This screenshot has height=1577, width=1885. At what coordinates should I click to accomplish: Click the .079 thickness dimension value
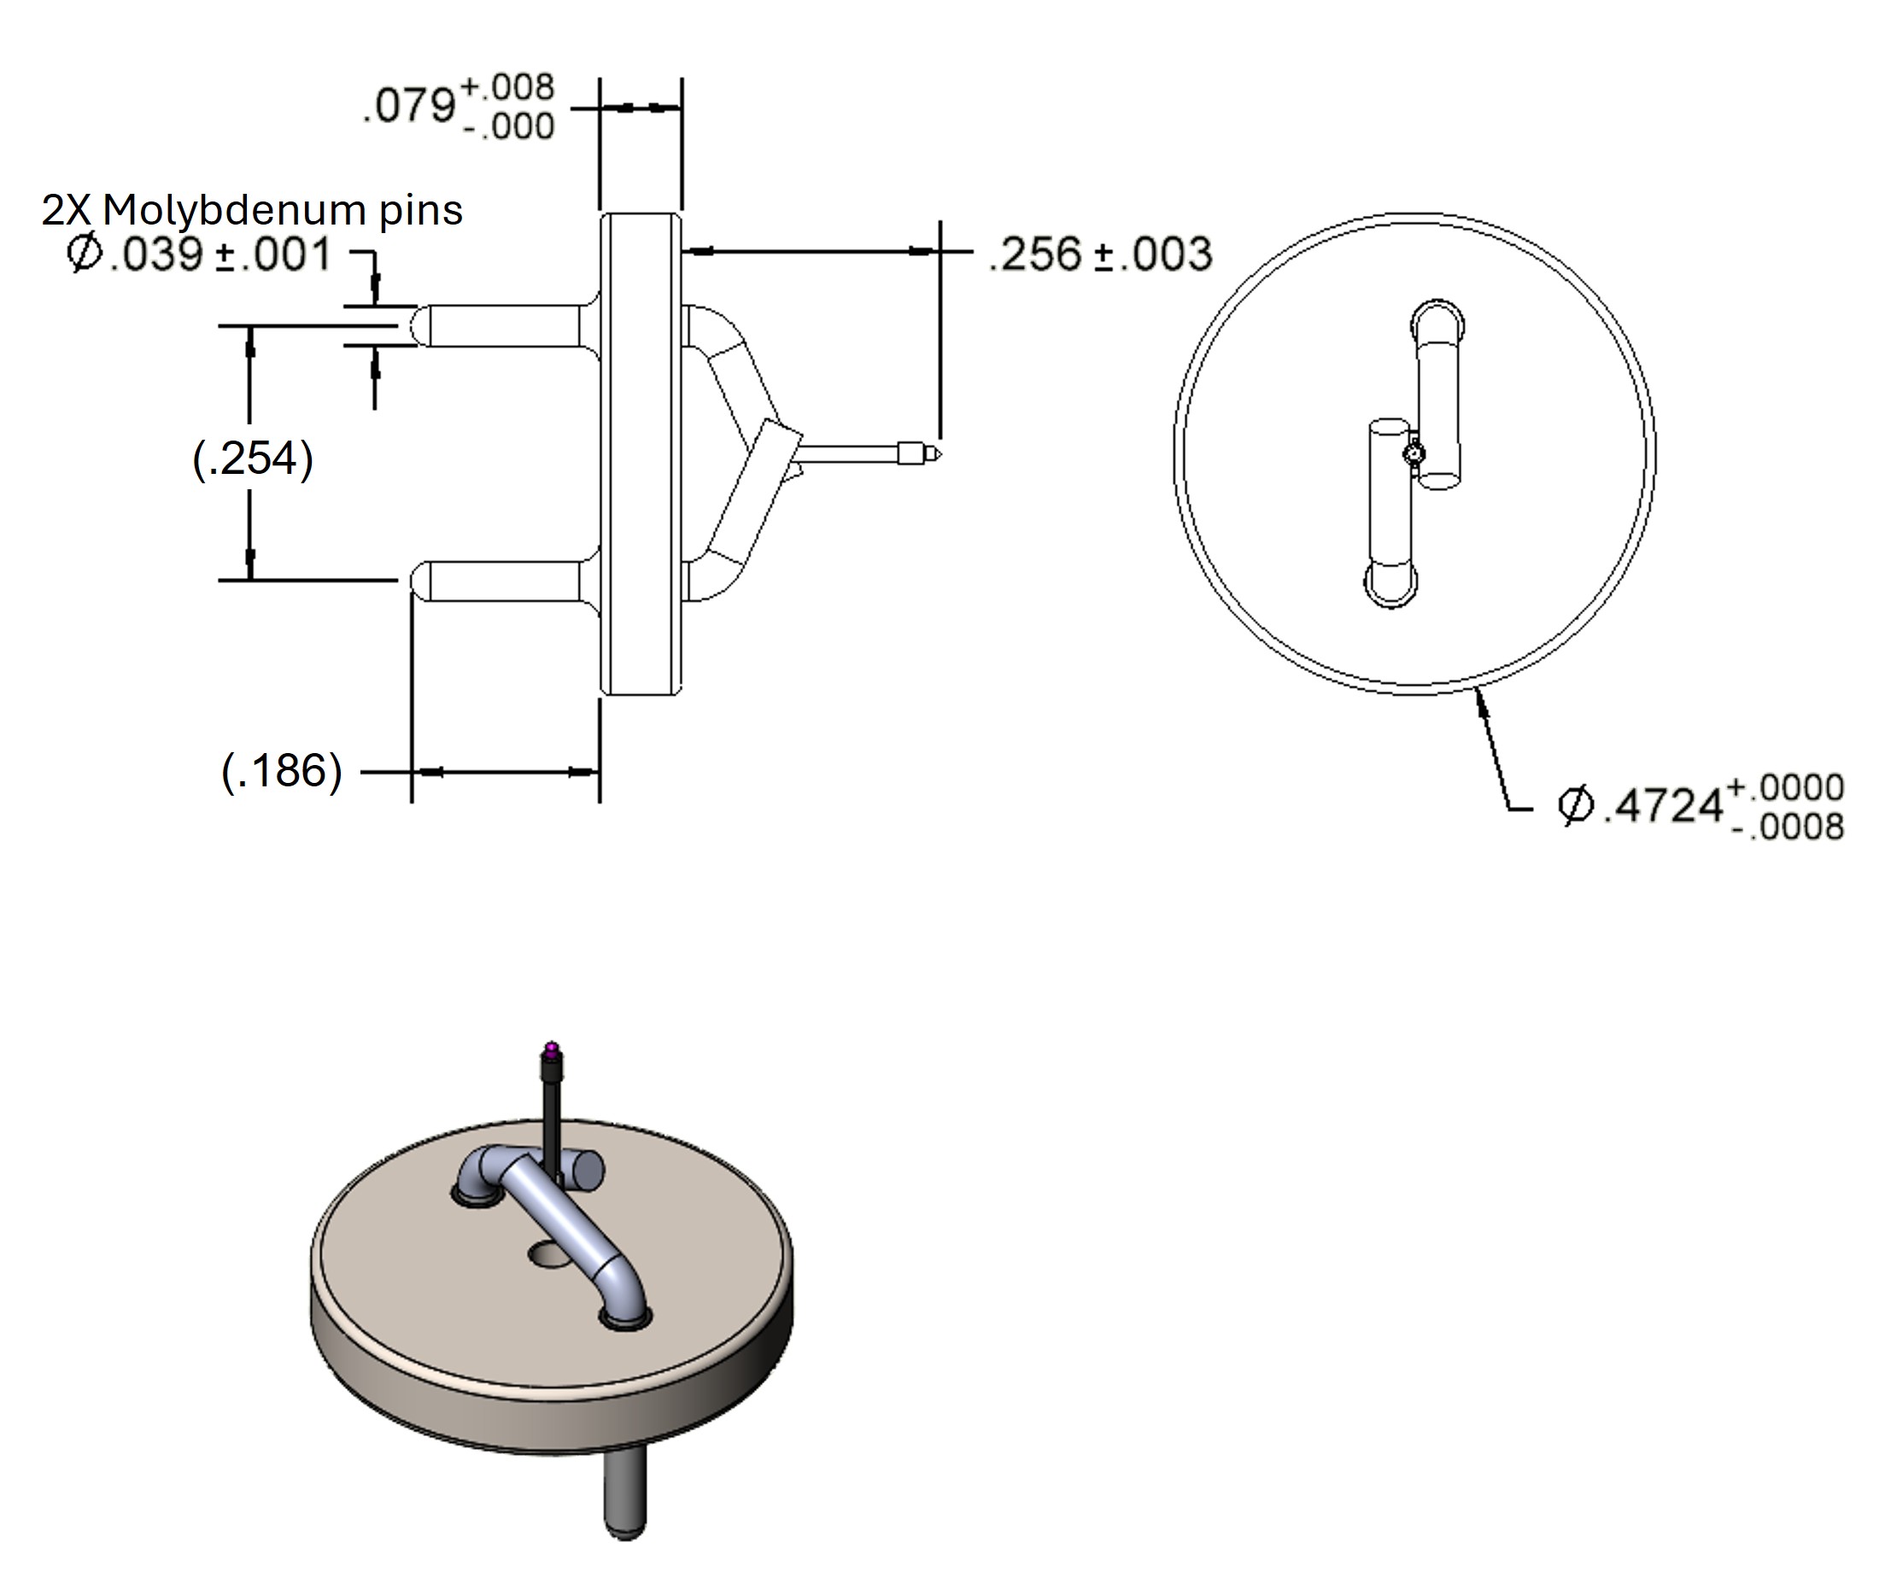(409, 106)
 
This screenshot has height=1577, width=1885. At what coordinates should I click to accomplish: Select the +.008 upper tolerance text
(508, 87)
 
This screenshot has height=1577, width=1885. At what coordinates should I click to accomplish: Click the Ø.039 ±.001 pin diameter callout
(199, 254)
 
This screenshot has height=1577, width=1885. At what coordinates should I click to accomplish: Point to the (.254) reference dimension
(253, 458)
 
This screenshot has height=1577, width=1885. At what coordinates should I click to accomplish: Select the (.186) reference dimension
(282, 771)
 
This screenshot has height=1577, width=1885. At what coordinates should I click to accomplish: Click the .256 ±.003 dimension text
(1100, 254)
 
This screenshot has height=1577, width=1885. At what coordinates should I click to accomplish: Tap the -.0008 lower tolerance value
(1787, 826)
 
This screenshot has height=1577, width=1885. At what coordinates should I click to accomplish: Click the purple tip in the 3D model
(552, 1048)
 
